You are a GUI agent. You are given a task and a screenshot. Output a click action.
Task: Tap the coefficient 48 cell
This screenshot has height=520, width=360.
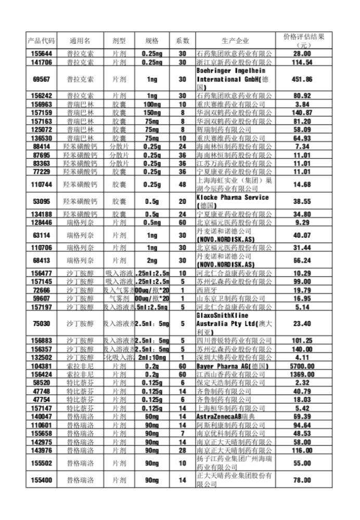click(183, 184)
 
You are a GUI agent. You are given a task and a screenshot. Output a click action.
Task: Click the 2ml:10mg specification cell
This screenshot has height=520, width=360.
click(152, 357)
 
